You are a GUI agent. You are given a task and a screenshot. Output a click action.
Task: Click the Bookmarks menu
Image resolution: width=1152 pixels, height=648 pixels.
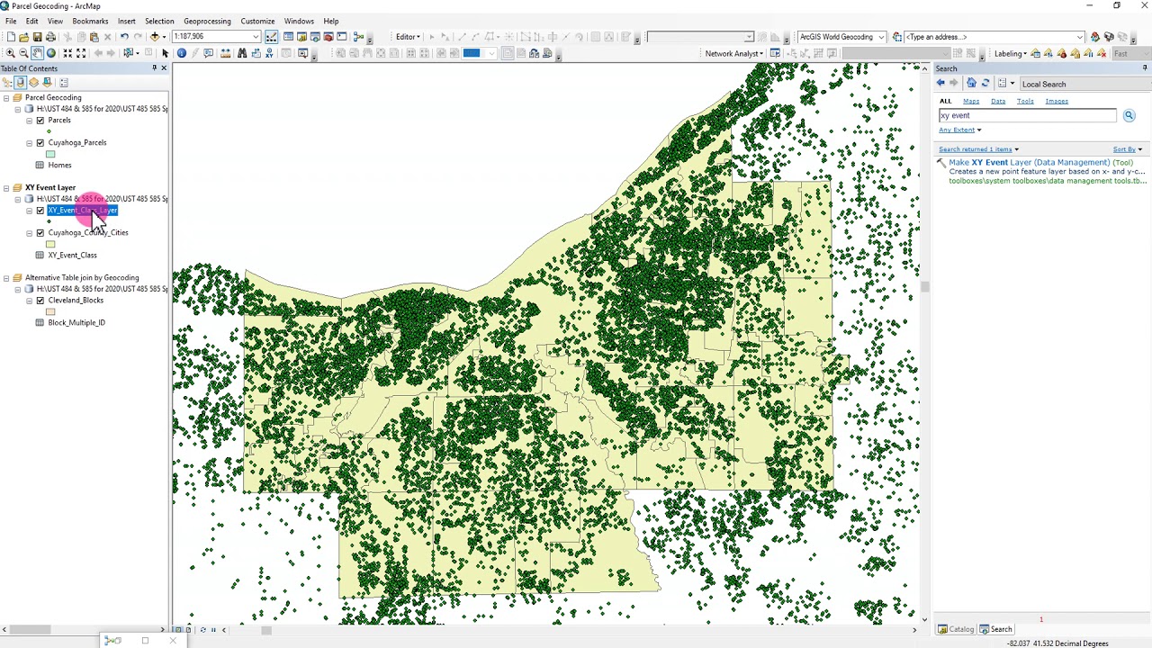[90, 21]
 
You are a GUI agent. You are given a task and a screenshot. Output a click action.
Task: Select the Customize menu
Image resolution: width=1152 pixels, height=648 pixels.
[257, 21]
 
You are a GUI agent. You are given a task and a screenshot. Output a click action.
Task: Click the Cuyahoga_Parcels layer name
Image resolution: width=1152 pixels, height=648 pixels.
[77, 142]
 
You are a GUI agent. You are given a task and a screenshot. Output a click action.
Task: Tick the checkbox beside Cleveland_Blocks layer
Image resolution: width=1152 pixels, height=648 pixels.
[40, 300]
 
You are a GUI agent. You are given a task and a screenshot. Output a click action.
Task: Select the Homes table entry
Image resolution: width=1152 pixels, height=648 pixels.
[59, 165]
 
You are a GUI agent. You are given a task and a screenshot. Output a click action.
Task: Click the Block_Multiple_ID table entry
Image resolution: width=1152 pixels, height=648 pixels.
[76, 322]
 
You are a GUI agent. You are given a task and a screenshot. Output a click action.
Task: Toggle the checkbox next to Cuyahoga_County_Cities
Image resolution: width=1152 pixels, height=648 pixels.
[40, 232]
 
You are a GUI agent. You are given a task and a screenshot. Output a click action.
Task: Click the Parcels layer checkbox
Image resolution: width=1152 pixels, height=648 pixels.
[40, 120]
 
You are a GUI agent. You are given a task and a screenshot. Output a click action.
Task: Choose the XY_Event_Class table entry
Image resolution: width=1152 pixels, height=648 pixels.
[72, 255]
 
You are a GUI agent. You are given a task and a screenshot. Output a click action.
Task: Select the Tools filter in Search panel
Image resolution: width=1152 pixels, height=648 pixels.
[1025, 101]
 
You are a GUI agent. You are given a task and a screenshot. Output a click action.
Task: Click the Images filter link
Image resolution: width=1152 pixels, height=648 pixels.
[1057, 101]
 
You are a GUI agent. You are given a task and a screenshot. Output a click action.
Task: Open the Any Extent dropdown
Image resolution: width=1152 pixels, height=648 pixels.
[959, 130]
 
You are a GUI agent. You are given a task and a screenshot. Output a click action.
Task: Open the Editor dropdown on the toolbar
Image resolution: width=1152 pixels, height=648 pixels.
[407, 37]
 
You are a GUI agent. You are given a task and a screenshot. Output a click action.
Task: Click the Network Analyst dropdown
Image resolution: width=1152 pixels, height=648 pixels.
[733, 53]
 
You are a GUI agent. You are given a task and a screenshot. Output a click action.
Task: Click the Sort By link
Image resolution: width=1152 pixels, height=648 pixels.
[1127, 148]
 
